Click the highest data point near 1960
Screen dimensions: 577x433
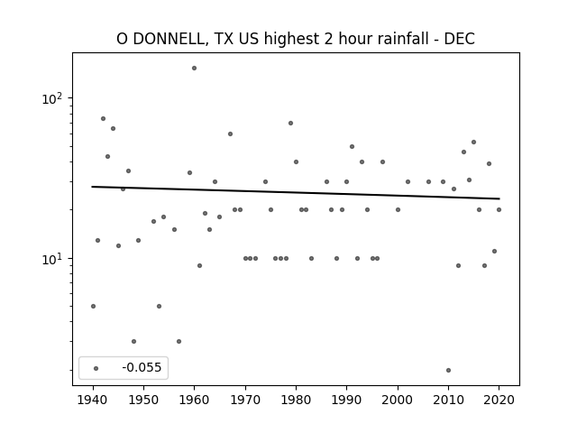coord(195,69)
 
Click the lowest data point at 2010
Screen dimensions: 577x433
coord(448,371)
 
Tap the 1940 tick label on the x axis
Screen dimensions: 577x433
coord(93,400)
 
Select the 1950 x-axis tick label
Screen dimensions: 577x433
coord(143,400)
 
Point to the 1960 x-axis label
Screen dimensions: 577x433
coord(195,400)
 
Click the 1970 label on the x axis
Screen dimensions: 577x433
coord(245,400)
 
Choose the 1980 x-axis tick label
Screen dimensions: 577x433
coord(296,400)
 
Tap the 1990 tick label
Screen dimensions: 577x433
coord(346,400)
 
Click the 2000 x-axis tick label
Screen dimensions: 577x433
coord(398,400)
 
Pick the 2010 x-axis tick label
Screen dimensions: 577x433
coord(448,400)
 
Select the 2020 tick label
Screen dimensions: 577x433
coord(499,400)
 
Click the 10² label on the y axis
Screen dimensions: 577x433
coord(52,98)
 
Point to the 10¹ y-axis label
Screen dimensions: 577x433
coord(52,259)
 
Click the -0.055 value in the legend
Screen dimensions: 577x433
coord(142,367)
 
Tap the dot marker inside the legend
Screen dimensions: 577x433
coord(96,369)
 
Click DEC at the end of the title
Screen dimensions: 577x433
coord(460,39)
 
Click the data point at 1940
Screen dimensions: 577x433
coord(93,307)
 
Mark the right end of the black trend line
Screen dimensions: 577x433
coord(499,198)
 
